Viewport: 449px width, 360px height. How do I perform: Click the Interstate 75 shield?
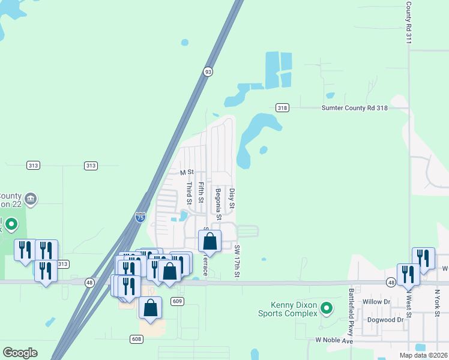click(140, 217)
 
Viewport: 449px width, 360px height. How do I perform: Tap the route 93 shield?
click(208, 71)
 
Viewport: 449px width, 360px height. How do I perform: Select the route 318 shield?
click(282, 107)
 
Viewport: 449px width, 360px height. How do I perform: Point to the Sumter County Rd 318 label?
click(355, 108)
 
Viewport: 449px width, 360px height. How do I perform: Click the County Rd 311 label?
click(408, 22)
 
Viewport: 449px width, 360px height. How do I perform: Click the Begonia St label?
click(218, 203)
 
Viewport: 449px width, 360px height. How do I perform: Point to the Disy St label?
click(232, 198)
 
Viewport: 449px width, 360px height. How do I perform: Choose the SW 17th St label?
click(237, 261)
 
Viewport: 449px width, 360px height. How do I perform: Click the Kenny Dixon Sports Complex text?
click(288, 309)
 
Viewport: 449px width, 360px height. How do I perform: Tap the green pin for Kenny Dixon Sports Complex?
click(327, 309)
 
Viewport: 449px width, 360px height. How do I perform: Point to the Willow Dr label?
click(377, 302)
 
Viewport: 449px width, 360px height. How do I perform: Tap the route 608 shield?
click(136, 339)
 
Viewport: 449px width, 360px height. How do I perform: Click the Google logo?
click(20, 353)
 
